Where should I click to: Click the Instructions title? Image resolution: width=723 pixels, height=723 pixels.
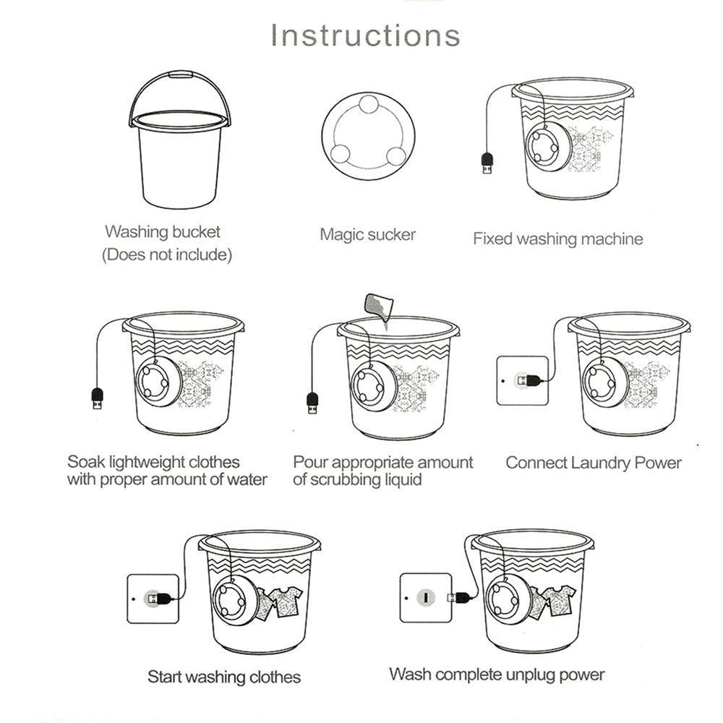point(365,35)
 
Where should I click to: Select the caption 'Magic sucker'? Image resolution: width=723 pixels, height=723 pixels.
point(368,234)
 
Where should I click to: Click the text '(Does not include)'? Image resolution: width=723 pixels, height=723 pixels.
point(167,255)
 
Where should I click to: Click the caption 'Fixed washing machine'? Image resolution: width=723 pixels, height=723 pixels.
point(557,239)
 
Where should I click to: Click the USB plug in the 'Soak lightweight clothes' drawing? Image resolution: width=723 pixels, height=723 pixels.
point(97,398)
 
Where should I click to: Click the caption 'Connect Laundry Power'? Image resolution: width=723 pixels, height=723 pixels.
point(593,463)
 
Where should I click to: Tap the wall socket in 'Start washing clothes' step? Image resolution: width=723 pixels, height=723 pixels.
point(153,598)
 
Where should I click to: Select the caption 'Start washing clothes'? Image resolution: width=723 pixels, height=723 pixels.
point(224,677)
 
